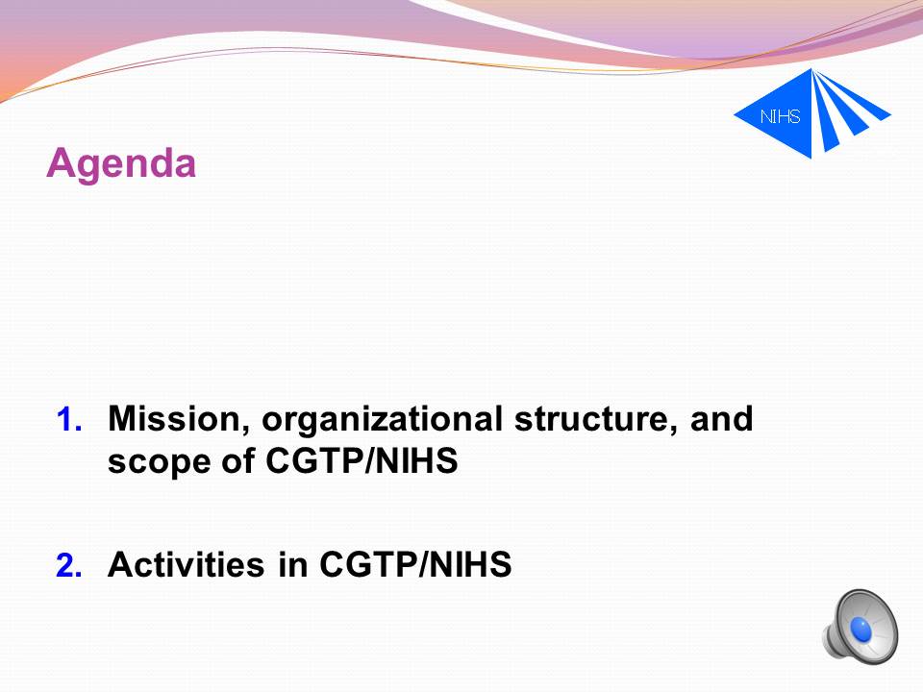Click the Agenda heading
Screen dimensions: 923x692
click(x=121, y=164)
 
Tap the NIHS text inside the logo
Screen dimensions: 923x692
click(x=780, y=116)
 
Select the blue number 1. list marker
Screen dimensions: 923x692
click(x=69, y=420)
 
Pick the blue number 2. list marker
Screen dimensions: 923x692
click(x=69, y=565)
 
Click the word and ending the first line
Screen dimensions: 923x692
click(x=722, y=418)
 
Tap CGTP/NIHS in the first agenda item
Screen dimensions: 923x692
click(x=362, y=460)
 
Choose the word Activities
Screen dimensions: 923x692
click(x=186, y=564)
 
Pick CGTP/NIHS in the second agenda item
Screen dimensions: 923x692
click(x=415, y=564)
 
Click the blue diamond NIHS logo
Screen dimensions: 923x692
click(x=812, y=113)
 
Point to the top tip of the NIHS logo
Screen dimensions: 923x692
click(x=811, y=68)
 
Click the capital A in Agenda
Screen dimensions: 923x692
click(x=61, y=161)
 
